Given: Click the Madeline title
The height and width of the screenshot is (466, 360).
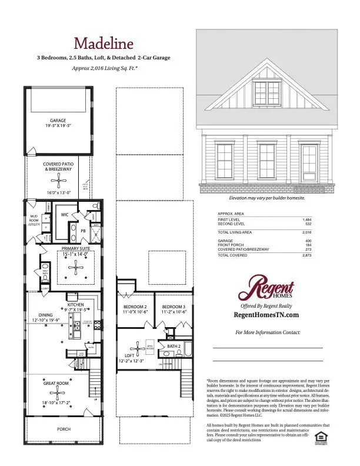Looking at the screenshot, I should [103, 43].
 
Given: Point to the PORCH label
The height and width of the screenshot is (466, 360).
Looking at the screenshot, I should [64, 429].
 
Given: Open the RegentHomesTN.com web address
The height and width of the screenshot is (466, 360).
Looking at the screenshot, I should [267, 315].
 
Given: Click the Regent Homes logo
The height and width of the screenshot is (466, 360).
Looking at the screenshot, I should [268, 289].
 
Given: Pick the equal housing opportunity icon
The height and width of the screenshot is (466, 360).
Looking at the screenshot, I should [321, 436].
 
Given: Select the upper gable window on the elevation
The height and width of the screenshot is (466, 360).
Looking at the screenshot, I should [267, 91].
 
